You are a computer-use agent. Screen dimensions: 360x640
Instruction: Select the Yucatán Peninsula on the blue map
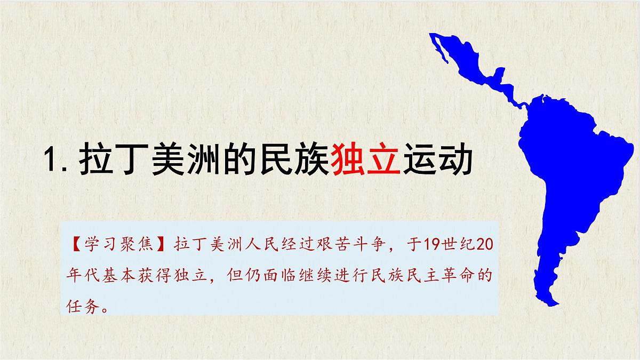tap(500, 74)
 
